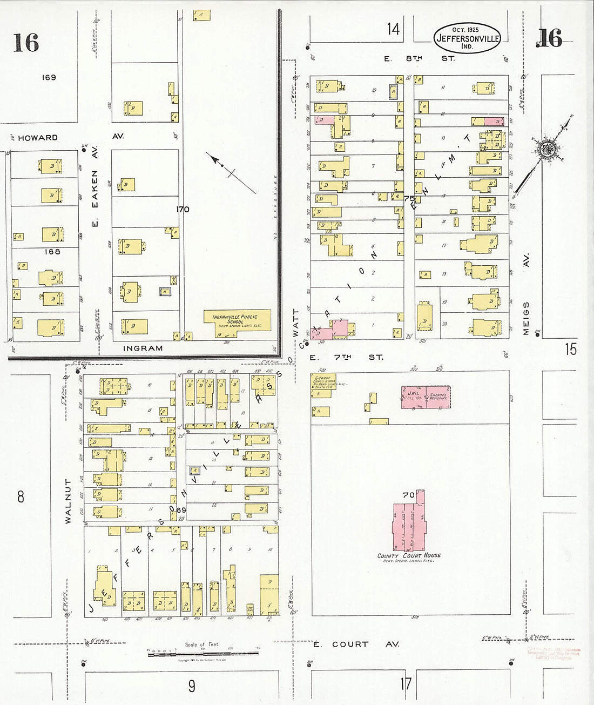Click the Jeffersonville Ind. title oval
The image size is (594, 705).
click(x=467, y=38)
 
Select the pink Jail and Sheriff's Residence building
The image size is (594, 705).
click(x=426, y=397)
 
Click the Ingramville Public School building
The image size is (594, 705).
click(x=237, y=321)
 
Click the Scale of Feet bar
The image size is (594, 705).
click(x=202, y=653)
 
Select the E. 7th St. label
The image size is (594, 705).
click(x=346, y=357)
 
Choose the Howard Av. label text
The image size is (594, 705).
click(x=38, y=138)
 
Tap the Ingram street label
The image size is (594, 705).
click(x=143, y=348)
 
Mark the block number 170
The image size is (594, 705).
click(x=183, y=209)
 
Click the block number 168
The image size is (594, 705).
click(x=52, y=251)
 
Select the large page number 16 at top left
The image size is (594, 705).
click(x=26, y=42)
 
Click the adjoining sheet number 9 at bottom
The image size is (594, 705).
click(x=192, y=686)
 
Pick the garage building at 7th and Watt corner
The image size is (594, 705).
click(x=323, y=385)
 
